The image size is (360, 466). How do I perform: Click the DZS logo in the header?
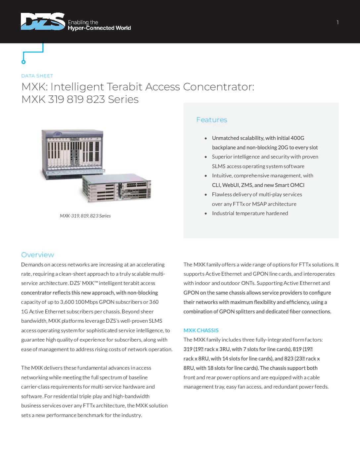point(43,22)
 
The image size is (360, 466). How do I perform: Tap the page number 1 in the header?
point(337,23)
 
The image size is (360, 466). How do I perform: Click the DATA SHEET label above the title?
point(37,76)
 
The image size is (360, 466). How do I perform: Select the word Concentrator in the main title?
point(218,87)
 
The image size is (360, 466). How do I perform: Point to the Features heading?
point(212,120)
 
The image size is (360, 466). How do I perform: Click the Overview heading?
point(37,255)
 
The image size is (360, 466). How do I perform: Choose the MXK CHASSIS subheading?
point(201,330)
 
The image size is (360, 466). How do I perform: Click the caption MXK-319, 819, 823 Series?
point(85,216)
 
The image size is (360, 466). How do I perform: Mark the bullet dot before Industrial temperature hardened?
point(206,213)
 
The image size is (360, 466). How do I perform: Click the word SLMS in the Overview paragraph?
point(156,321)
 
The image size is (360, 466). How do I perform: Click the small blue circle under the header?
point(23,62)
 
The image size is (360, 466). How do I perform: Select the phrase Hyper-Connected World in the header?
point(99,28)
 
